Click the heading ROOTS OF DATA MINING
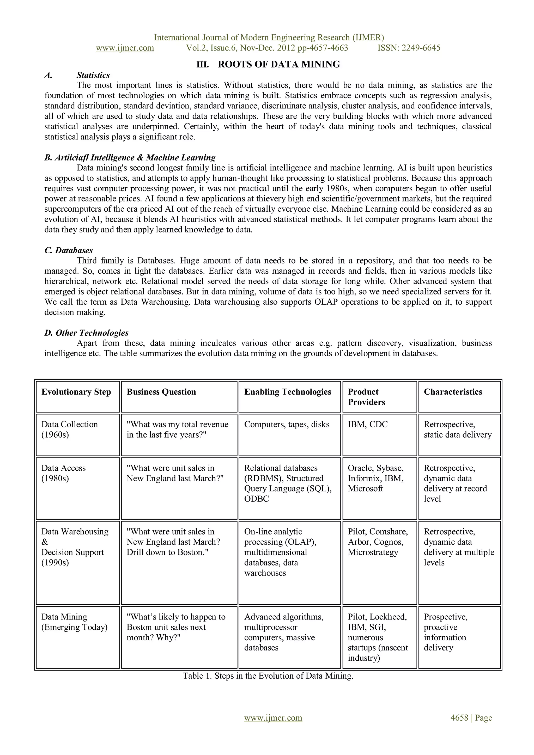tap(278, 64)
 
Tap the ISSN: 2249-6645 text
tap(409, 48)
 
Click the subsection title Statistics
tap(93, 75)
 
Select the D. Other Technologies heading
tap(86, 333)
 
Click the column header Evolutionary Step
tap(76, 392)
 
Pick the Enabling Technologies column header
tap(288, 392)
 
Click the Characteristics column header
tap(453, 392)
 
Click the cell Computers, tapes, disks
tap(287, 424)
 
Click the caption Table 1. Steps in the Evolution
tap(268, 676)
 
